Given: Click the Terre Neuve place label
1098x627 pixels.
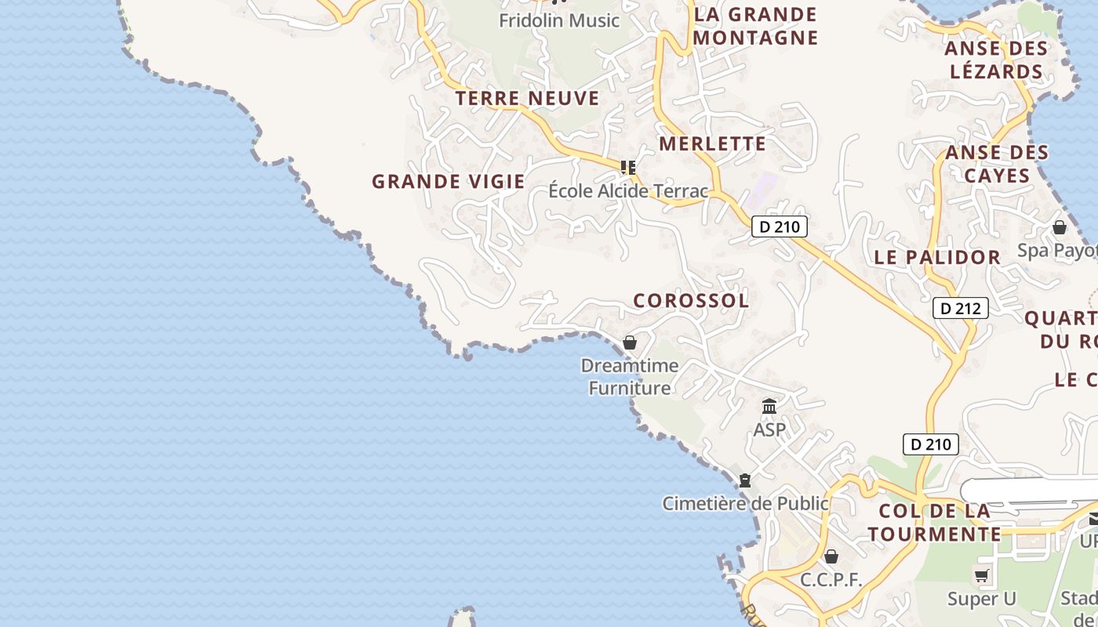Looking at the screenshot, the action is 527,99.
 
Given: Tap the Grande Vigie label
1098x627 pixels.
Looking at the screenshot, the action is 448,182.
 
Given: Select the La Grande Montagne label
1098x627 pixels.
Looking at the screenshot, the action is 755,26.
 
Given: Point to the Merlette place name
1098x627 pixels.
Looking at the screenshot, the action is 712,143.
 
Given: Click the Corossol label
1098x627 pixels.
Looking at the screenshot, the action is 691,300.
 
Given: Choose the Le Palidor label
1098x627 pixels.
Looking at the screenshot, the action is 937,257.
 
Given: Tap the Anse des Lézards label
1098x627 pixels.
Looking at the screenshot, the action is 996,60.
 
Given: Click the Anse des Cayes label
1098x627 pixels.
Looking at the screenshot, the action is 997,164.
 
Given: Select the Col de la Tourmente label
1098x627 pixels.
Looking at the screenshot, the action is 934,523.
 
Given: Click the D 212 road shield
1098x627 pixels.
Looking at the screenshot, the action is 960,308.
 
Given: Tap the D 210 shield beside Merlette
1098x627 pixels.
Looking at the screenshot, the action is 779,227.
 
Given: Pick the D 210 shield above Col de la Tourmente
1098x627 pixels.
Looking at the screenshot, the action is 930,444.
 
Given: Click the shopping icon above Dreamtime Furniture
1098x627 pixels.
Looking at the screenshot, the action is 629,342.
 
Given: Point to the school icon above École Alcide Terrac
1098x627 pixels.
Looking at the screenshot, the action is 627,167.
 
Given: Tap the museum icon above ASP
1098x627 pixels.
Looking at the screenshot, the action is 769,407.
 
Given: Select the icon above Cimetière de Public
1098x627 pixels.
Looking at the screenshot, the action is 745,480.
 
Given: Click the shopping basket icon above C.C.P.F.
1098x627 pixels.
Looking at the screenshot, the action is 831,556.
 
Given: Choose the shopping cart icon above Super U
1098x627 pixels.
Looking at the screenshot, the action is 981,576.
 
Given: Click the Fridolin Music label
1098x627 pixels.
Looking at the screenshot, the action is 559,20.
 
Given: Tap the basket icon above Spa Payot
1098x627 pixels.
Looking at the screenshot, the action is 1060,227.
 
